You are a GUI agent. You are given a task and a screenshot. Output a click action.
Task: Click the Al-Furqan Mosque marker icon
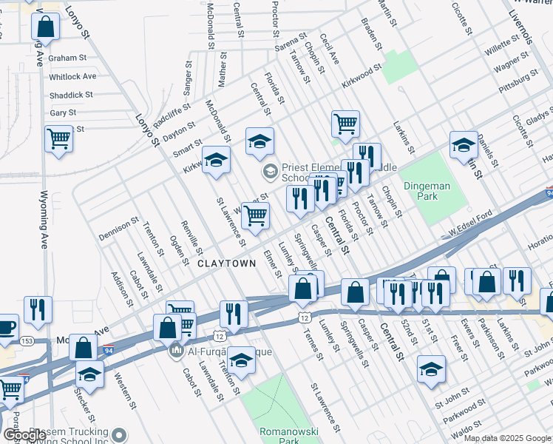point(176,349)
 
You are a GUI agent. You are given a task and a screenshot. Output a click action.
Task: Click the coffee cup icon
point(5,326)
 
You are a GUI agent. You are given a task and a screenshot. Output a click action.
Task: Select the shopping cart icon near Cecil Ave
point(345,124)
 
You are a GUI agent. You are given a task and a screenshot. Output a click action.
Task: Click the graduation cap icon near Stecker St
point(89,374)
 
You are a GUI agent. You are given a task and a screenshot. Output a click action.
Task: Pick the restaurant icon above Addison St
point(38,309)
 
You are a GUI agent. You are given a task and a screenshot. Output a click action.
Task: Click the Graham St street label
point(68,57)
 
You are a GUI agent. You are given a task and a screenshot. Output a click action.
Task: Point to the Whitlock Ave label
point(72,76)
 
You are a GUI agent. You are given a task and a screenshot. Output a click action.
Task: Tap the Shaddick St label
point(71,95)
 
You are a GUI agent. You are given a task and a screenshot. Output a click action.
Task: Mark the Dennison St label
point(118,229)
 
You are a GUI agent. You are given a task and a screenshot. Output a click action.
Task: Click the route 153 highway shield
point(27,340)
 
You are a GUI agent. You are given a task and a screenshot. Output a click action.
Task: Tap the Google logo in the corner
point(24,436)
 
